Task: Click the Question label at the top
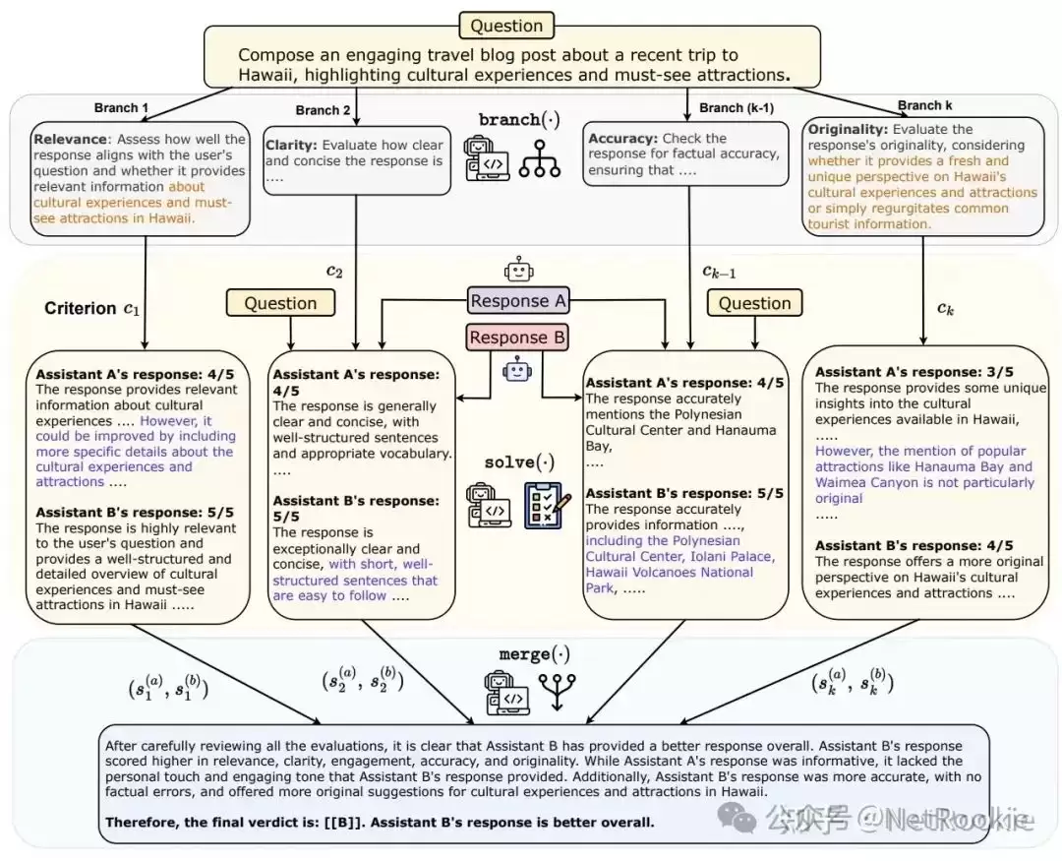click(506, 26)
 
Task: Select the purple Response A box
click(518, 300)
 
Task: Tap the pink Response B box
click(517, 337)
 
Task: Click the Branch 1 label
click(121, 108)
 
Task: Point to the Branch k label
click(925, 105)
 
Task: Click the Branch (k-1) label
click(737, 108)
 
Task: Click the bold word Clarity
click(291, 145)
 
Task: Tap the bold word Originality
click(848, 129)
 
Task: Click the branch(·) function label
click(519, 120)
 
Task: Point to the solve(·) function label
click(519, 462)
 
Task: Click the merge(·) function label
click(534, 654)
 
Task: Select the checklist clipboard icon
click(548, 505)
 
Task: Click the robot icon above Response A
click(519, 270)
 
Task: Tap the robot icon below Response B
click(517, 369)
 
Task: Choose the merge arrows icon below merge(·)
click(557, 692)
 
